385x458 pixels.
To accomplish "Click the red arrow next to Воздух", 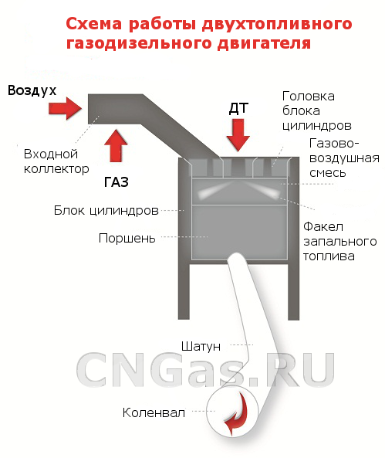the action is coord(65,108).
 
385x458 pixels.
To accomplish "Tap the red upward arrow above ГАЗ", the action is coord(116,145).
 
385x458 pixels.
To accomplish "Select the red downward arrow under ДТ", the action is coord(238,134).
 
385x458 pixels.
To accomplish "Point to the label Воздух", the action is coord(32,91).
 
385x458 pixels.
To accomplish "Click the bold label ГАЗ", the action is coord(117,182).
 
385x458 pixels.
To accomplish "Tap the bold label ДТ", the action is coord(238,108).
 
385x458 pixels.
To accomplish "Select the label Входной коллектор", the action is coord(56,161).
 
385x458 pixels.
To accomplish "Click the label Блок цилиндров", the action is coord(106,211).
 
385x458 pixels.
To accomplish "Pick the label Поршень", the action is coord(127,239).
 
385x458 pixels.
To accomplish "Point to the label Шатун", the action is coord(201,347).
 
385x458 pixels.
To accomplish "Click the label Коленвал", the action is coord(154,412).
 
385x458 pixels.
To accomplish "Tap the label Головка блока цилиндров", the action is coord(316,111).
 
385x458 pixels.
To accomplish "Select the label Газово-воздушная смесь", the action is coord(344,158).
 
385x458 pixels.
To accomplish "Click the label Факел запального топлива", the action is coord(340,242).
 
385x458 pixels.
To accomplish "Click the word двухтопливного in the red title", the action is coord(277,24).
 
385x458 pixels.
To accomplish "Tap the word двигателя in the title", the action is coord(264,43).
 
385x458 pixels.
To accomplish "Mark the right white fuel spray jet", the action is coord(262,190).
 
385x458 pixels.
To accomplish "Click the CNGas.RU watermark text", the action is coord(205,369).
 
